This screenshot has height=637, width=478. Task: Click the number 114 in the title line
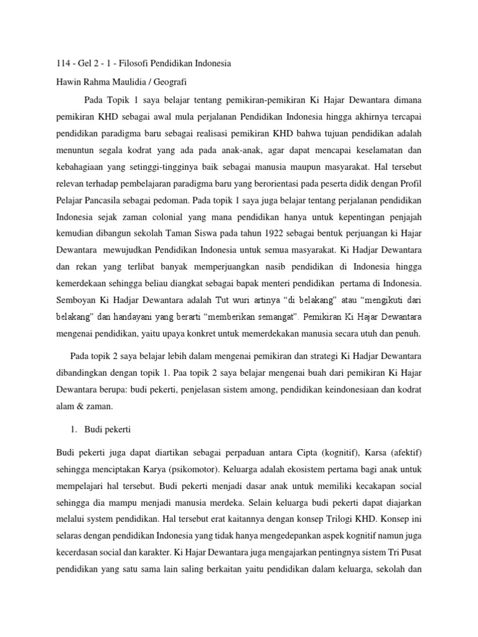(63, 64)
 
